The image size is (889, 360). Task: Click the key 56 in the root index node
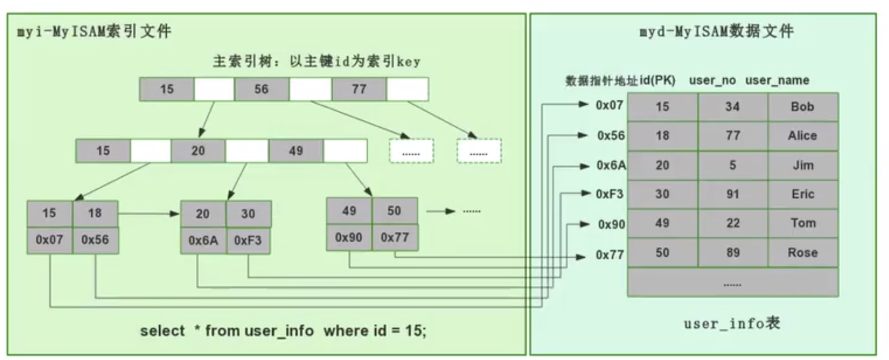point(261,89)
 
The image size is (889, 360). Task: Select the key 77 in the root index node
point(359,89)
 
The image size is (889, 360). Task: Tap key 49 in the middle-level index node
point(296,150)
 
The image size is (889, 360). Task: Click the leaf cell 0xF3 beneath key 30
point(249,241)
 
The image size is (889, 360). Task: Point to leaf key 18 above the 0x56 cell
point(95,214)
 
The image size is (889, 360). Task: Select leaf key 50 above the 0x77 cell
point(394,211)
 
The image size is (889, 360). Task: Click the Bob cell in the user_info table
point(803,107)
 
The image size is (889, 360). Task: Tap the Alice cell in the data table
point(803,136)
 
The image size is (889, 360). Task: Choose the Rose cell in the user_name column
point(803,253)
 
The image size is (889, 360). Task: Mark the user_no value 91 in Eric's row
point(733,195)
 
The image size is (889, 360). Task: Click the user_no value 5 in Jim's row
point(733,165)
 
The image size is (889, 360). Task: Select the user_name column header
point(777,80)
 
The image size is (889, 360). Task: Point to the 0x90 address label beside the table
point(611,225)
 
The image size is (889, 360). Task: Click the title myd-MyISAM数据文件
point(716,31)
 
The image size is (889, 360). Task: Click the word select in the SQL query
point(162,331)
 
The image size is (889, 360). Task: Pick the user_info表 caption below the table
point(732,323)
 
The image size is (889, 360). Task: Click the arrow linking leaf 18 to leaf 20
point(148,214)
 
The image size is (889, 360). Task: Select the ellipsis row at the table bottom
point(732,283)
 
